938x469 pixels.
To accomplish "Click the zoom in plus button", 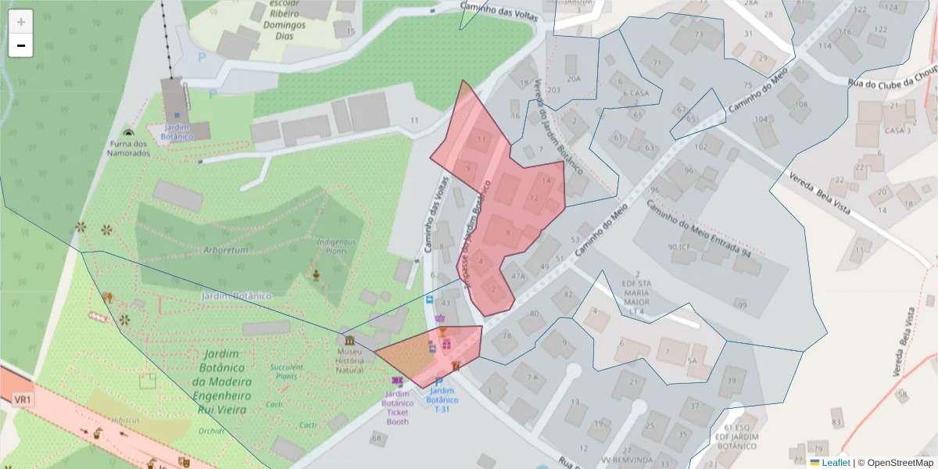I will click(21, 21).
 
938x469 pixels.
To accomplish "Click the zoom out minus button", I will click(21, 45).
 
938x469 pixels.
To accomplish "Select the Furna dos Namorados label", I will click(128, 148).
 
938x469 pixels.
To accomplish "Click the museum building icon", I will click(349, 341).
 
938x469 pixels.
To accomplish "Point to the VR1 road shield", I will click(22, 399).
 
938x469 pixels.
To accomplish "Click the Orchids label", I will click(211, 431).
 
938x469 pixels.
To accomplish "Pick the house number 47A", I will click(517, 276).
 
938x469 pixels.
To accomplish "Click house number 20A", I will click(574, 79).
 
